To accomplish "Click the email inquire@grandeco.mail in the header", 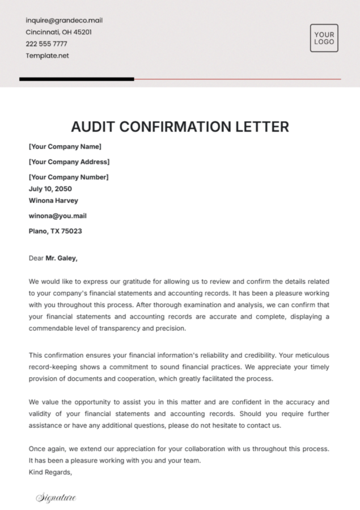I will pos(64,20).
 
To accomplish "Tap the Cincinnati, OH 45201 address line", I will pos(58,32).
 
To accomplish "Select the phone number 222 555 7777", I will pos(46,44).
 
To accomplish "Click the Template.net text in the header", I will pos(47,56).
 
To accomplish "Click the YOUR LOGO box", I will pos(324,39).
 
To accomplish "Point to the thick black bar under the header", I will pos(77,79).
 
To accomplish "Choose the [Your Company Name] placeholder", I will pos(65,147).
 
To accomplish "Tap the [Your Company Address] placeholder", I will pos(69,162).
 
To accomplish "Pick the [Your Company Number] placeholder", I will pos(68,177).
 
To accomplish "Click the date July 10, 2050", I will pos(50,189).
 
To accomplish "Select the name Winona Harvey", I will pos(53,201).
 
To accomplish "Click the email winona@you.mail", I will pos(57,216).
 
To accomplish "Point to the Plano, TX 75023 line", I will pos(55,231).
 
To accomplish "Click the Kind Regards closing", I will pos(50,472).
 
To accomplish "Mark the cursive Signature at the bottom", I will pos(56,498).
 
